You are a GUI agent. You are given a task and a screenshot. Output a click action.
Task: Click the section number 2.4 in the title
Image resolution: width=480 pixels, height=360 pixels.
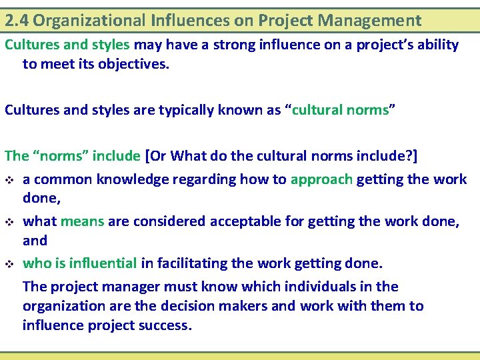(17, 21)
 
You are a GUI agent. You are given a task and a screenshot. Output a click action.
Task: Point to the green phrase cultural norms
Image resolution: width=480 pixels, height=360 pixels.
(340, 111)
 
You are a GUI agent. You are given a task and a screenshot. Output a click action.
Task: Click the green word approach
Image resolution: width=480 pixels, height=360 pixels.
(321, 179)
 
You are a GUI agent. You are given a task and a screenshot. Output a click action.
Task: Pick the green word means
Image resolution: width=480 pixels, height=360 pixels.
(82, 222)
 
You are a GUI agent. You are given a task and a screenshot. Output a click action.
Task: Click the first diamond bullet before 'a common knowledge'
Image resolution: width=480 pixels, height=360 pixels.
(9, 180)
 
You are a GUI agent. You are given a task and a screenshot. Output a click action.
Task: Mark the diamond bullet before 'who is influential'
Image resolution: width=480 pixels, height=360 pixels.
(9, 264)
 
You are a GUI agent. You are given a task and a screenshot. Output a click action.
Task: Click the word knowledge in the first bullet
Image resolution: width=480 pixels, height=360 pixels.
(126, 179)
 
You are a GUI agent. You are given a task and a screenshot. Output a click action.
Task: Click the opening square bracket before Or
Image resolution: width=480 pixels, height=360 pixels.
(147, 157)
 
